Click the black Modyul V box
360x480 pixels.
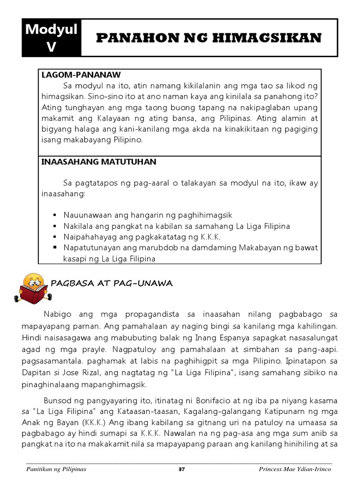pyautogui.click(x=52, y=38)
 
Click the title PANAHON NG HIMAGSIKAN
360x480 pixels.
pyautogui.click(x=209, y=38)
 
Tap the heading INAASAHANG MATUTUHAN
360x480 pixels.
pyautogui.click(x=98, y=162)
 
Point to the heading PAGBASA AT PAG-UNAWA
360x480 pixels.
pyautogui.click(x=112, y=283)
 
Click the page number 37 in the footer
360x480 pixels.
pyautogui.click(x=182, y=469)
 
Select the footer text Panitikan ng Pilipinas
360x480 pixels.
pyautogui.click(x=56, y=469)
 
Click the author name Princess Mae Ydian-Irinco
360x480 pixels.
pyautogui.click(x=295, y=469)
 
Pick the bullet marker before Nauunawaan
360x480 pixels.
pyautogui.click(x=55, y=215)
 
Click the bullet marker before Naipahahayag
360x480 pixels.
pyautogui.click(x=55, y=237)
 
